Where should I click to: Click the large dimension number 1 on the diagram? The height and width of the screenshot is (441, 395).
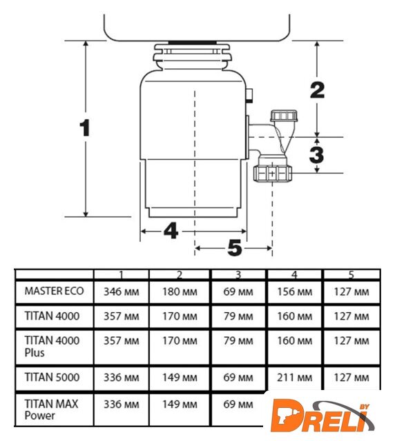point(84,128)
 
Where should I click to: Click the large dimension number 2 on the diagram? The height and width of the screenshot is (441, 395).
point(318,90)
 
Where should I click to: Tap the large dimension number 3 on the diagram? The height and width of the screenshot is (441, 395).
point(316,154)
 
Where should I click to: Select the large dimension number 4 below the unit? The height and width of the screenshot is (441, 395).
point(171,231)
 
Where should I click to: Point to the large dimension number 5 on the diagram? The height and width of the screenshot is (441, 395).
point(235,248)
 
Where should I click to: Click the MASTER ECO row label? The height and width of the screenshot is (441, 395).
point(54,291)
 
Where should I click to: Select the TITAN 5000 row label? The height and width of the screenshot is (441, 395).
point(52,377)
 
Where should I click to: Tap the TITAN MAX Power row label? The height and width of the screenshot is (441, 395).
point(51,409)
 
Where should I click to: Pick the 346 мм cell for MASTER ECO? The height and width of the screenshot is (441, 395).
point(122,291)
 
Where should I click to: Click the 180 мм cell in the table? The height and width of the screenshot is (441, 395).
point(180,291)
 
